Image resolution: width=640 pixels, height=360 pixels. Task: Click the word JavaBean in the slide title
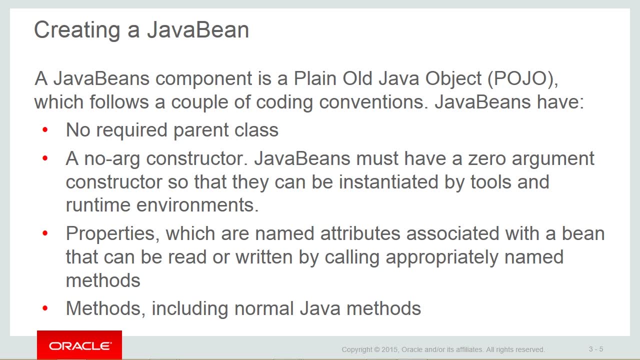[198, 29]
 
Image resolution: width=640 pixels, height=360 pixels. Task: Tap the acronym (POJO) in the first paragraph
[522, 78]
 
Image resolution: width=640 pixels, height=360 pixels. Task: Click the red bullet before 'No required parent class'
[45, 130]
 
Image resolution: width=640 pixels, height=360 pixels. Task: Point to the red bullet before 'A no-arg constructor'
[45, 158]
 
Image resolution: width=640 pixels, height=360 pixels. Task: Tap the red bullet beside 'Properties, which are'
[45, 233]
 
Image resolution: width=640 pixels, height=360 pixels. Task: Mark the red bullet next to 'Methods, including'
[45, 308]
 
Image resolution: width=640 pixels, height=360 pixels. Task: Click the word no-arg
[112, 159]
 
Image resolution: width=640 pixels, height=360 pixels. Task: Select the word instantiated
[388, 181]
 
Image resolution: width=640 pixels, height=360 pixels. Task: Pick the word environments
[197, 205]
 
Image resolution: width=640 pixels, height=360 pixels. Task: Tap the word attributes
[360, 233]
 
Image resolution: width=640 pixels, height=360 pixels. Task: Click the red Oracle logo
[79, 345]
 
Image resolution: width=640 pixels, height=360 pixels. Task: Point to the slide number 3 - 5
[596, 349]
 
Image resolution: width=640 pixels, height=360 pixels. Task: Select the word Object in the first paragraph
[453, 79]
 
